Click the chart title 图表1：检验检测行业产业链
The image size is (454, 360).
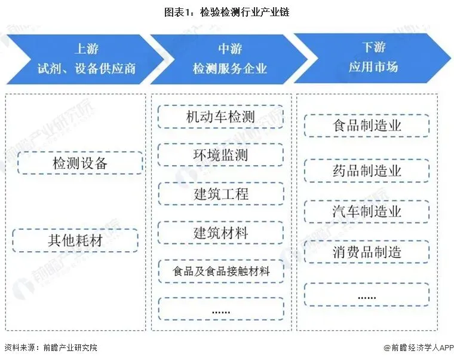[226, 12]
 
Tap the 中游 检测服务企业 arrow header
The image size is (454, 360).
[229, 58]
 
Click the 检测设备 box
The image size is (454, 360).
[80, 163]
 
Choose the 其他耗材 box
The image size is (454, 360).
[75, 240]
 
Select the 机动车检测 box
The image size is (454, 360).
[220, 117]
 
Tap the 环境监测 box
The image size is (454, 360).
[220, 155]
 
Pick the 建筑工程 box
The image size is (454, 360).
[220, 194]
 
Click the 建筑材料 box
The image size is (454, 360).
[220, 233]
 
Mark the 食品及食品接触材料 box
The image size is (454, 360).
[220, 271]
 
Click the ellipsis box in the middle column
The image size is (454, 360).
[220, 309]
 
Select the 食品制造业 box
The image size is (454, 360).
[367, 126]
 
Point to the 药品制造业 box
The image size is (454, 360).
[367, 170]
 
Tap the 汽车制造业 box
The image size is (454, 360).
[367, 211]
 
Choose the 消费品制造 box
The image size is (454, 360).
[367, 252]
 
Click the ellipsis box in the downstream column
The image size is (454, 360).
[367, 295]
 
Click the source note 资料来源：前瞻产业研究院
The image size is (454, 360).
[51, 347]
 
